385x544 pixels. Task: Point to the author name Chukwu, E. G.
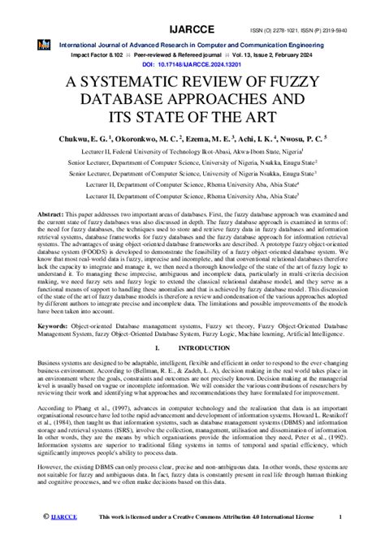(84, 140)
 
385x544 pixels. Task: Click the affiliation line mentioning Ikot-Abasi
(192, 150)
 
